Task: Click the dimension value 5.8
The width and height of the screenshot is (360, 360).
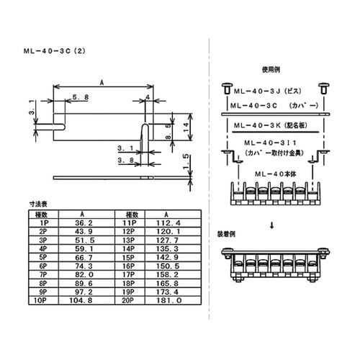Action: click(81, 96)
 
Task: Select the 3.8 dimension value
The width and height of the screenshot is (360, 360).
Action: click(125, 158)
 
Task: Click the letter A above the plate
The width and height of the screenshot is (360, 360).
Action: click(102, 84)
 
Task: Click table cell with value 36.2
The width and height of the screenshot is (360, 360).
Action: click(85, 224)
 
